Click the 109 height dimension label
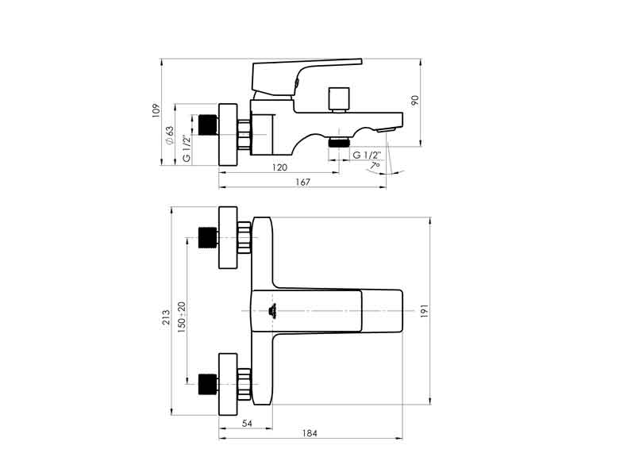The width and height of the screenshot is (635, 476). [x=156, y=111]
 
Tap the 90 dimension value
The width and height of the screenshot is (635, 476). [x=414, y=101]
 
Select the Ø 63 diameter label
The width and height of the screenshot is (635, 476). [x=169, y=136]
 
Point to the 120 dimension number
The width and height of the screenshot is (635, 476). [x=279, y=167]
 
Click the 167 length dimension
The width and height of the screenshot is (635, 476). [x=302, y=182]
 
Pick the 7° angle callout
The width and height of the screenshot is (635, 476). [x=375, y=166]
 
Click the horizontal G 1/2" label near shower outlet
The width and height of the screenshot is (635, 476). [x=367, y=155]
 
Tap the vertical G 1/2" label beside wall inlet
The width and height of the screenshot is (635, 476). [x=187, y=148]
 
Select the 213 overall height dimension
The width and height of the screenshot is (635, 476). [x=166, y=317]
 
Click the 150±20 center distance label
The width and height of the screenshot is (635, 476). [x=182, y=317]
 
